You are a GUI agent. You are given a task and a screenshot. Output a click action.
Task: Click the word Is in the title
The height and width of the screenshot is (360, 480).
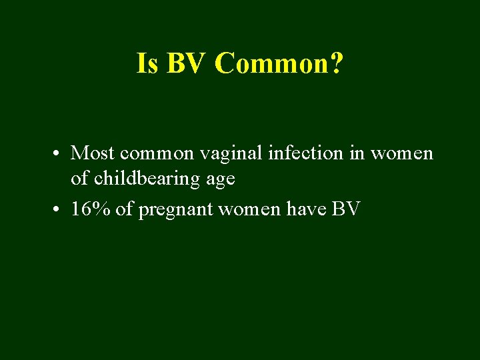pyautogui.click(x=147, y=63)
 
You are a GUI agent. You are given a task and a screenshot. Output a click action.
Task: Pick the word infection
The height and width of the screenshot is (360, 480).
pyautogui.click(x=305, y=153)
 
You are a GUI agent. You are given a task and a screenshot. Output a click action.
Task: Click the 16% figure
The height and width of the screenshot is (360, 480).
pyautogui.click(x=91, y=209)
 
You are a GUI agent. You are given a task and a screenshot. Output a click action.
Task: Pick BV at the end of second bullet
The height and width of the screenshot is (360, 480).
pyautogui.click(x=346, y=209)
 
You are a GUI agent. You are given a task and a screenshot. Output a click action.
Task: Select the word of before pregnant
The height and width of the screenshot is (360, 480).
pyautogui.click(x=124, y=209)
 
